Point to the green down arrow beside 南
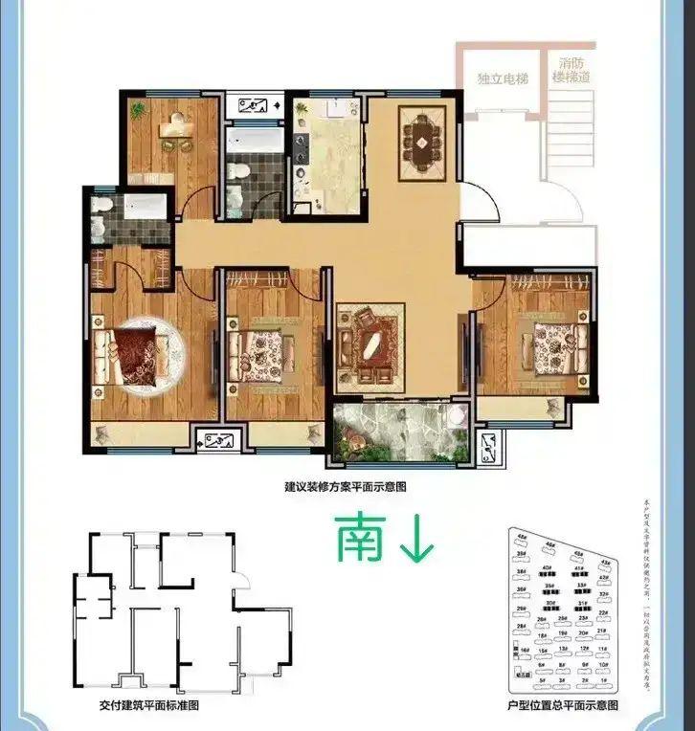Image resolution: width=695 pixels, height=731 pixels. tap(416, 540)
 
